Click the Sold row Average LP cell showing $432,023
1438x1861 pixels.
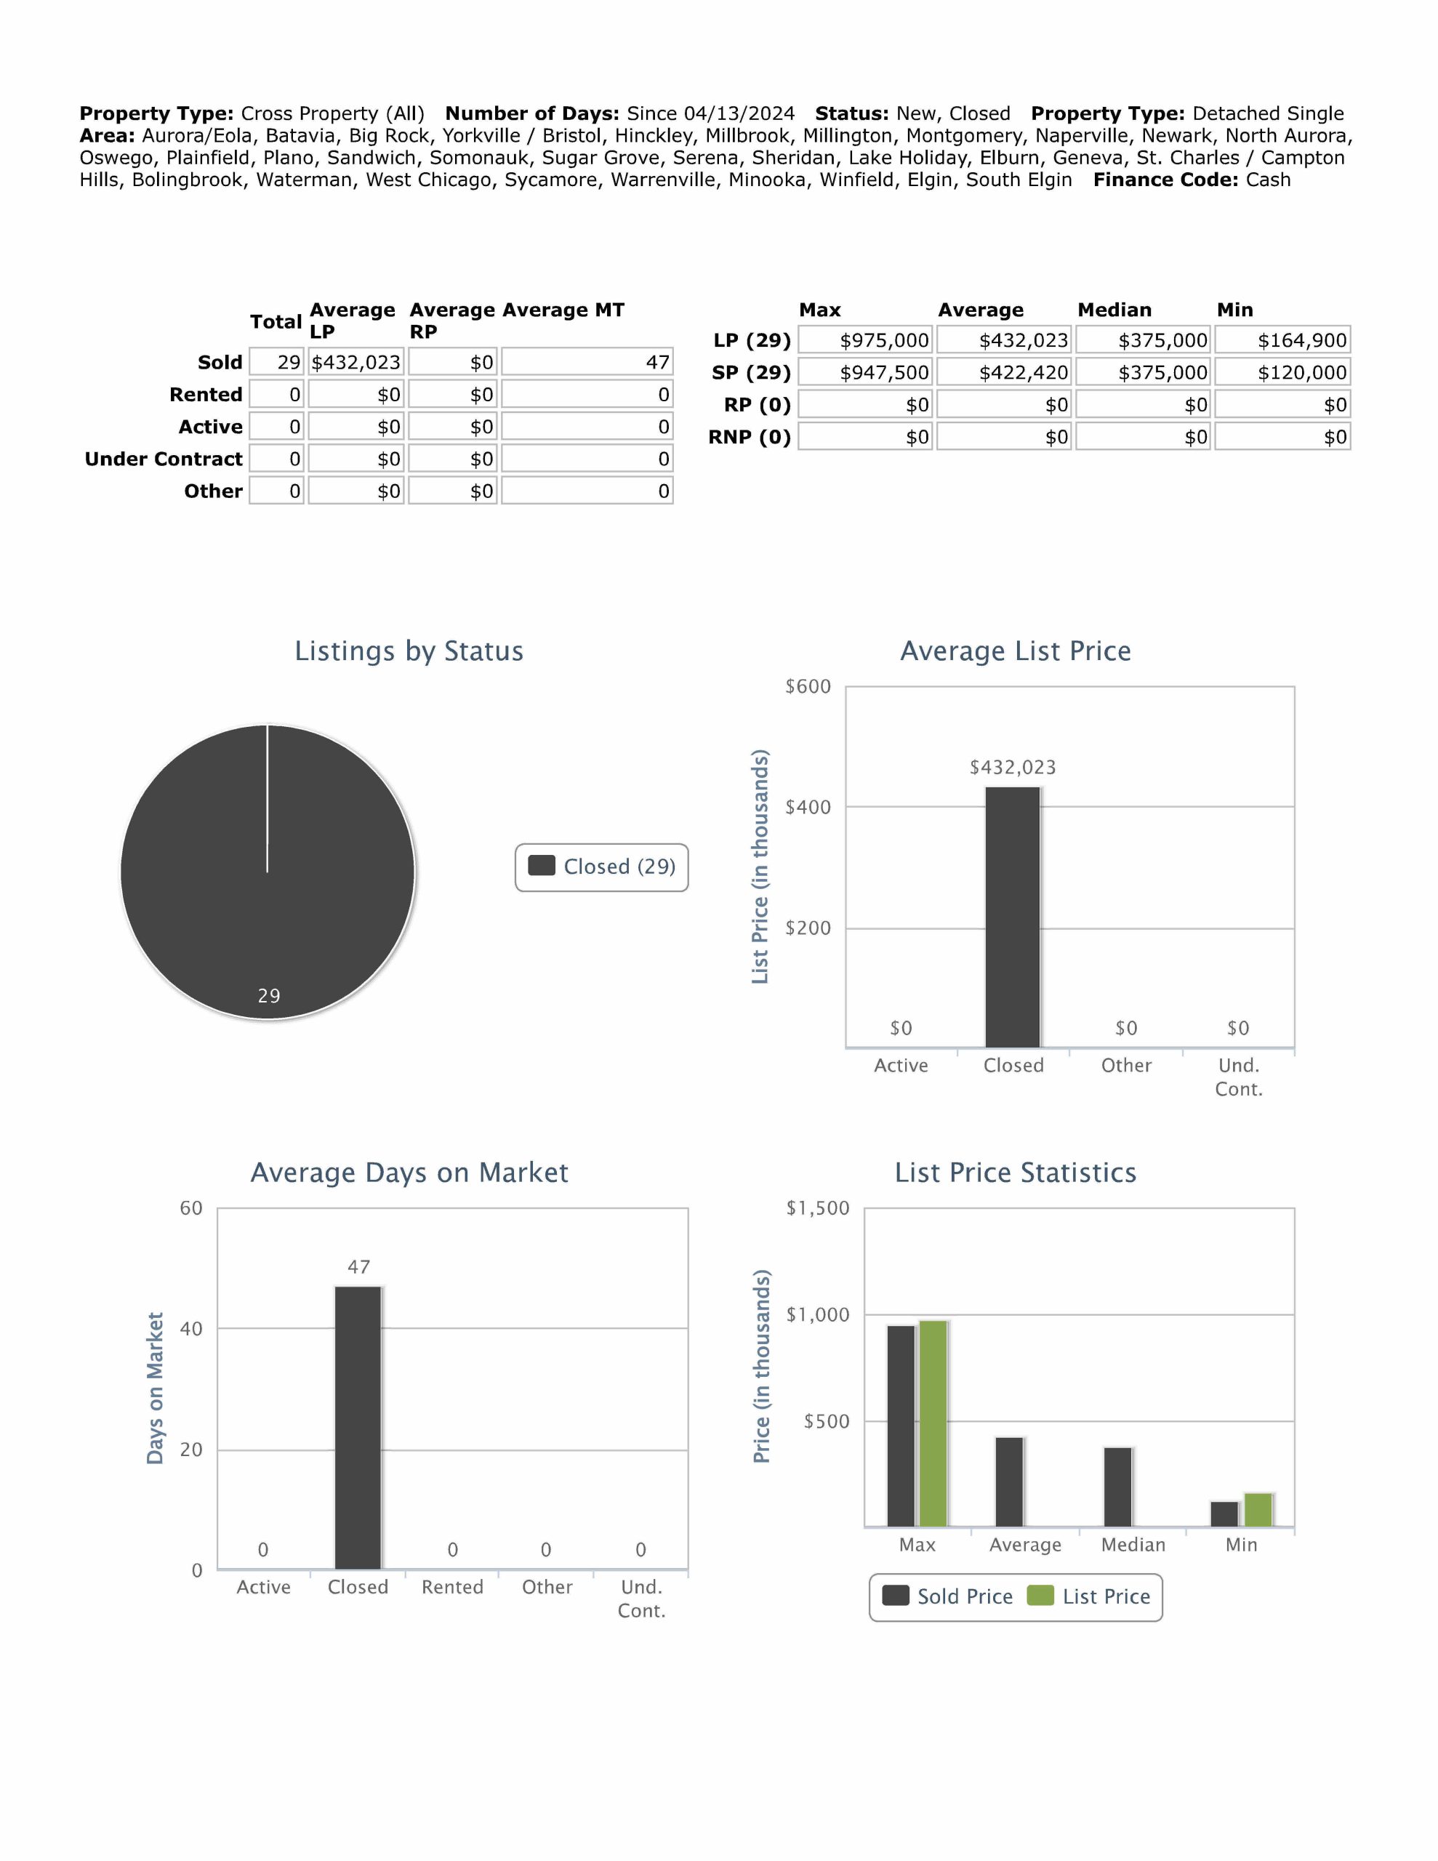click(356, 362)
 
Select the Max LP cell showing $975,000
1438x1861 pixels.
click(867, 340)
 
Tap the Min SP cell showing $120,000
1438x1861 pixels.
click(1283, 372)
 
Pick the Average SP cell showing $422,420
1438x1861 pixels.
click(1005, 372)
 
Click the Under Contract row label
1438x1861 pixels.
click(164, 459)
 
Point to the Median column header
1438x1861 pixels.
click(1114, 309)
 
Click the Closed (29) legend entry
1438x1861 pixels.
click(602, 867)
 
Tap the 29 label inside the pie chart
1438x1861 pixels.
click(268, 995)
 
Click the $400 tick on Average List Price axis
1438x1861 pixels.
click(807, 807)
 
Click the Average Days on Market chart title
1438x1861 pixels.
click(409, 1173)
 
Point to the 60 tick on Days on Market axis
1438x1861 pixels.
click(191, 1207)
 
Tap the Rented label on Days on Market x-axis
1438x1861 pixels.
click(451, 1587)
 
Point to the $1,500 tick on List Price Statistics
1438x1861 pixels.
click(816, 1207)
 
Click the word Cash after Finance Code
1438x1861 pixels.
click(1268, 180)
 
